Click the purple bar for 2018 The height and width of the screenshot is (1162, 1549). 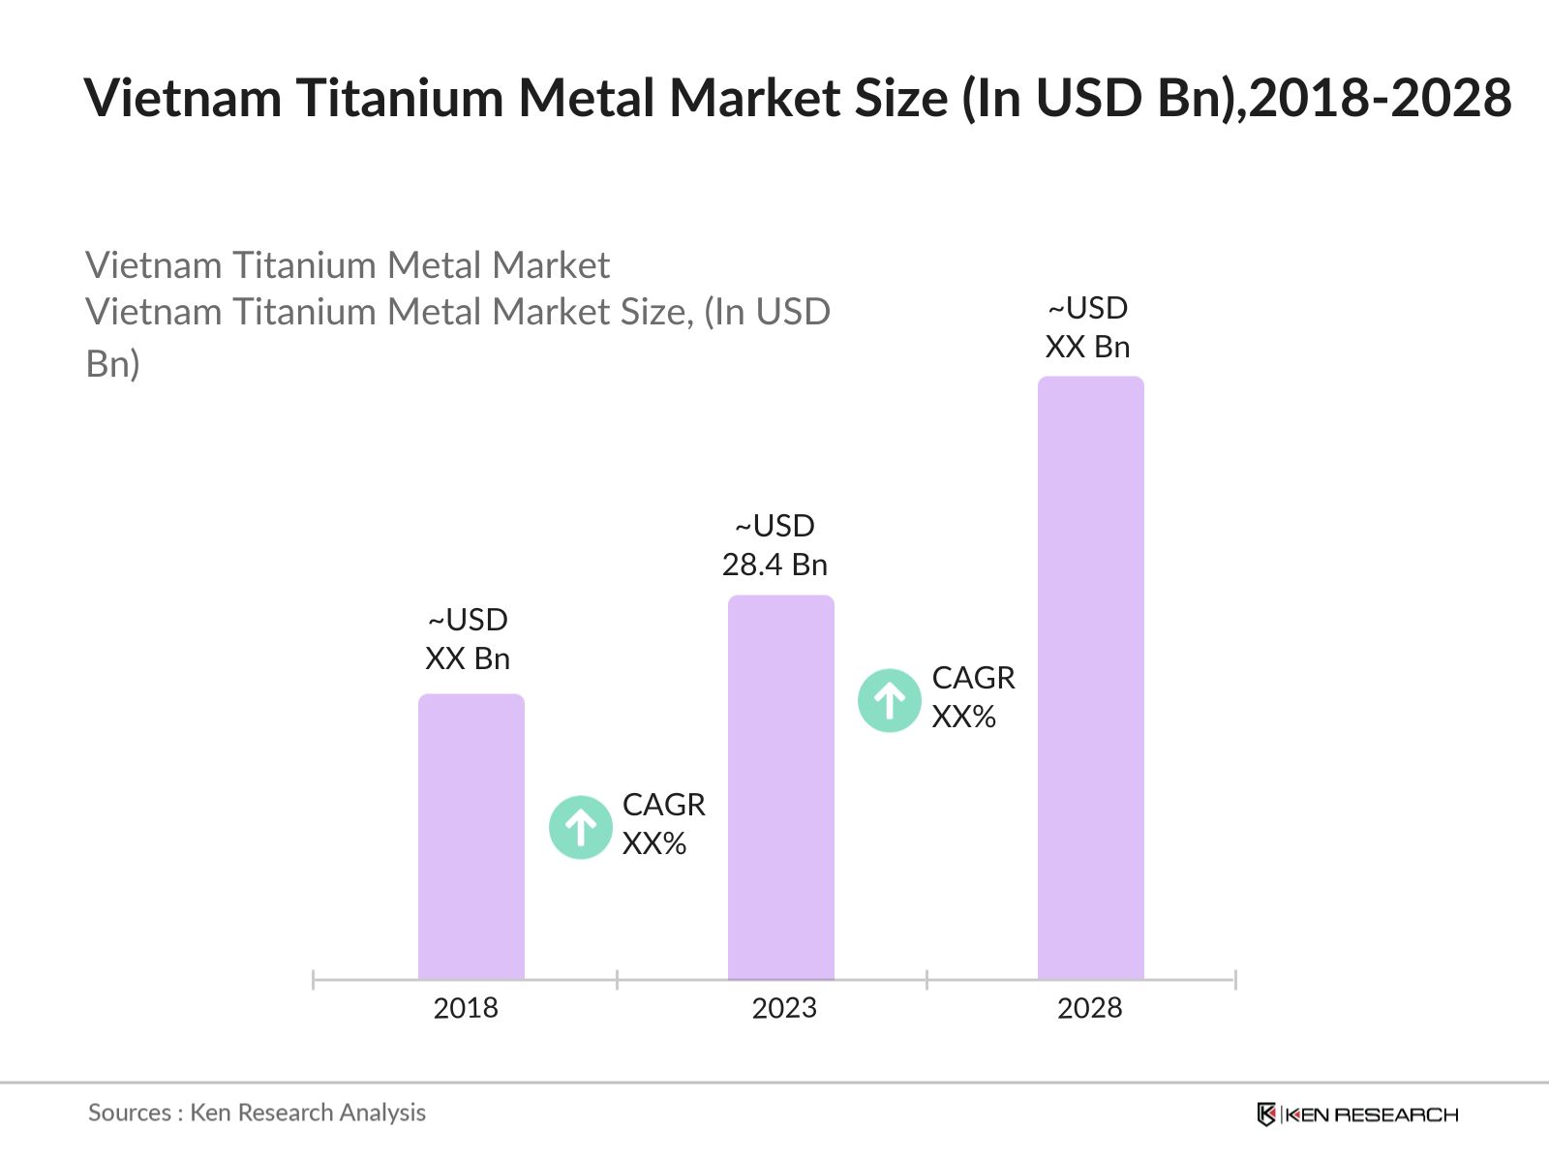pyautogui.click(x=471, y=837)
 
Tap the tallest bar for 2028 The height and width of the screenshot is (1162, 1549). pyautogui.click(x=1091, y=678)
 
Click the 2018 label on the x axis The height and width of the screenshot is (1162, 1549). pyautogui.click(x=466, y=1008)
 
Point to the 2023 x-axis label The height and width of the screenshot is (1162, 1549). pyautogui.click(x=784, y=1008)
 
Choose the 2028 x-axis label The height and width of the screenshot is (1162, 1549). pyautogui.click(x=1090, y=1008)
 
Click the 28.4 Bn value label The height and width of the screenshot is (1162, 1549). pyautogui.click(x=774, y=565)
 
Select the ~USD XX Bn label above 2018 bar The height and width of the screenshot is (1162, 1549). pyautogui.click(x=468, y=639)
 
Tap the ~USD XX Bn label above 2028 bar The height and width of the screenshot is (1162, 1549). pyautogui.click(x=1088, y=327)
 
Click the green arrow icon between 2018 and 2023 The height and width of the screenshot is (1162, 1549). pyautogui.click(x=581, y=827)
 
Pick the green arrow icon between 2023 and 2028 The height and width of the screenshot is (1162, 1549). pyautogui.click(x=890, y=700)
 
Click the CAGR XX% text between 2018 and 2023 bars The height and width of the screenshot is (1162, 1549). pyautogui.click(x=663, y=824)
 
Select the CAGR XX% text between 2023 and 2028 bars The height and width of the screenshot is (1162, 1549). pyautogui.click(x=973, y=697)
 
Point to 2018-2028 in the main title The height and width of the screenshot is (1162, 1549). pyautogui.click(x=1380, y=98)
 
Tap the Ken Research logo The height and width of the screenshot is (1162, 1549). pyautogui.click(x=1357, y=1115)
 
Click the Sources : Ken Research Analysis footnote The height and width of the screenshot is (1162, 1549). pyautogui.click(x=257, y=1113)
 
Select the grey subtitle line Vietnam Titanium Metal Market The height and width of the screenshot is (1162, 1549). pyautogui.click(x=348, y=265)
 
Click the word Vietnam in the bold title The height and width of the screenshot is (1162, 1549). pyautogui.click(x=183, y=98)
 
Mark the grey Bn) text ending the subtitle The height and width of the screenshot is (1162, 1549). pyautogui.click(x=113, y=364)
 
